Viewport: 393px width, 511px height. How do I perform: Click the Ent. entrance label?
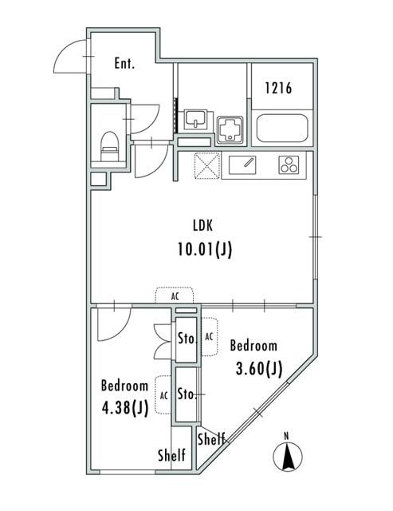tap(124, 63)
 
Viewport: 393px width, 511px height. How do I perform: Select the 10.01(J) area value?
tap(204, 249)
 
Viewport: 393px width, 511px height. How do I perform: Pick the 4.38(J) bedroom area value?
tap(124, 409)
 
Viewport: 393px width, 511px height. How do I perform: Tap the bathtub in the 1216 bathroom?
tap(282, 129)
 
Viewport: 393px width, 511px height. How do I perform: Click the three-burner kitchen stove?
tap(289, 165)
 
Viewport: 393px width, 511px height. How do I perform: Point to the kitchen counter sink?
tap(244, 165)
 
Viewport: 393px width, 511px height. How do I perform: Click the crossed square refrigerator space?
tap(206, 166)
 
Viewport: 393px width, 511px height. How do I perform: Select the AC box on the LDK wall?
tap(175, 295)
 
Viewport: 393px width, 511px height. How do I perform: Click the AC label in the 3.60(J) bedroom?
tap(209, 337)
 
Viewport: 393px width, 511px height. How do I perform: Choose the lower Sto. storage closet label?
tap(187, 394)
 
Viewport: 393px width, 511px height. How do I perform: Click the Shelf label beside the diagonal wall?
tap(211, 438)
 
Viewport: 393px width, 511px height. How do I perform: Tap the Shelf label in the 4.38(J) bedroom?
tap(171, 456)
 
